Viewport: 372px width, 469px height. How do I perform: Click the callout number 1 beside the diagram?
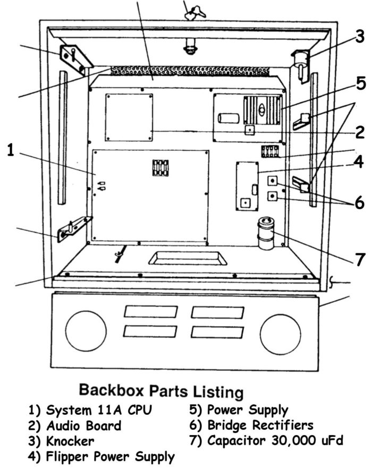[11, 150]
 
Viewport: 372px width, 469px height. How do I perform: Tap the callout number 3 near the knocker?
[360, 37]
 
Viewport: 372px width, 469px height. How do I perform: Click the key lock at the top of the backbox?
[190, 12]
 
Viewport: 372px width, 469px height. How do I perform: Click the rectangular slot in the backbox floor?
[187, 258]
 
